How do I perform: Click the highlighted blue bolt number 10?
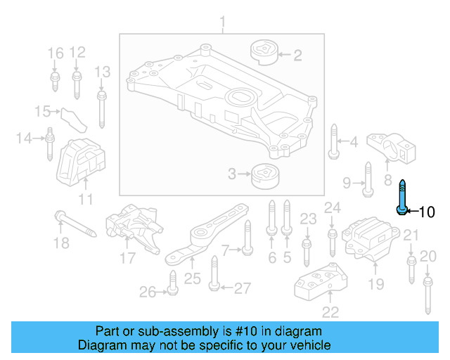(401, 198)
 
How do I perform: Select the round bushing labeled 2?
(265, 52)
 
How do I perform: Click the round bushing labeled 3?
(265, 174)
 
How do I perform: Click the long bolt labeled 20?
(427, 295)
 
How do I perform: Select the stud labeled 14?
(51, 144)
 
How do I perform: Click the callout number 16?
(55, 52)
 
